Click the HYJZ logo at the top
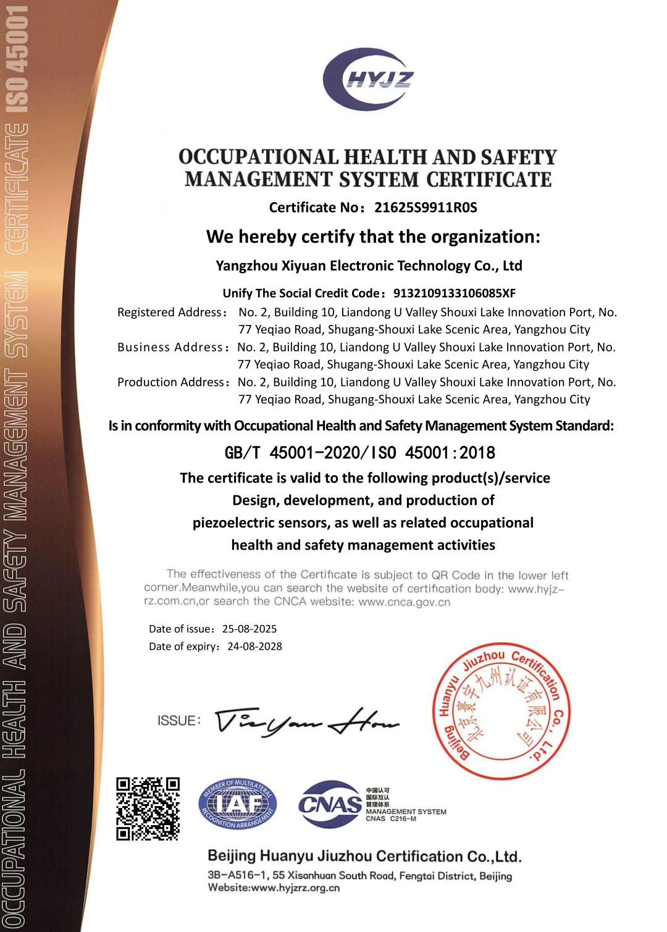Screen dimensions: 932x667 point(368,79)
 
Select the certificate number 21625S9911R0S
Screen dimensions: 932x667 point(426,208)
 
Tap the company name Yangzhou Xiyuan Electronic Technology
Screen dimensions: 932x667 point(369,266)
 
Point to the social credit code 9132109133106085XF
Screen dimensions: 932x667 point(454,293)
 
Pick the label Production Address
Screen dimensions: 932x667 point(172,382)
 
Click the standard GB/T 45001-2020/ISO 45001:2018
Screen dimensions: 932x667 point(359,453)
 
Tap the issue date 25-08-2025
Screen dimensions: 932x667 point(250,629)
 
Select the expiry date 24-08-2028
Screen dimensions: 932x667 point(254,647)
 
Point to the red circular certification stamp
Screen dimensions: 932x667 point(501,711)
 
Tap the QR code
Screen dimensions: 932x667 point(148,808)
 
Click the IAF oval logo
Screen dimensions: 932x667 point(238,804)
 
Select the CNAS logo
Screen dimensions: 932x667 point(330,804)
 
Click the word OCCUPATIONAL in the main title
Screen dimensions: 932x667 point(259,157)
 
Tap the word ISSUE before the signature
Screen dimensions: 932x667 point(178,721)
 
